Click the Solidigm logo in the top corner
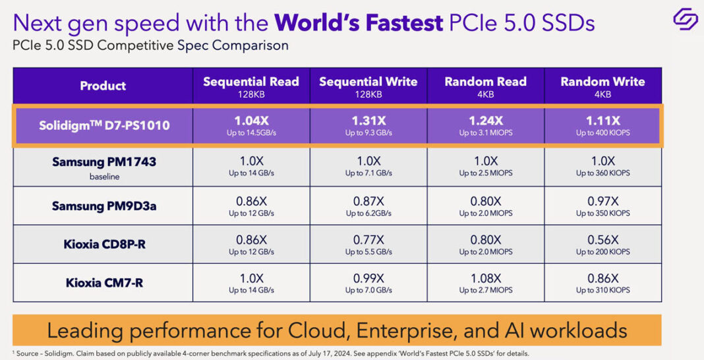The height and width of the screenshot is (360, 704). (684, 18)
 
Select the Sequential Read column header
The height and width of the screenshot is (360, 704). (250, 85)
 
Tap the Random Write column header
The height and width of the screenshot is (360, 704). (602, 85)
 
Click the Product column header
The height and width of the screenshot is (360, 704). (103, 86)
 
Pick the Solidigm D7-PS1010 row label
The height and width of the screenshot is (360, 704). (103, 125)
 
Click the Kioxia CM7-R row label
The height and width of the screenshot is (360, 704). (104, 284)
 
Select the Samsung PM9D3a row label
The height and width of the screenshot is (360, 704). (104, 206)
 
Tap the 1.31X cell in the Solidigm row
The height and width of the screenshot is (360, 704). (368, 125)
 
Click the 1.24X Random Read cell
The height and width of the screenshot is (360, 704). (485, 125)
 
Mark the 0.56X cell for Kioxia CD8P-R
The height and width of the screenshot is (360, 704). (602, 244)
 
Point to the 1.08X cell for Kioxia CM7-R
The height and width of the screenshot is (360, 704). (485, 283)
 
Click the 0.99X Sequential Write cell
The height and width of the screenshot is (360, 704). (368, 283)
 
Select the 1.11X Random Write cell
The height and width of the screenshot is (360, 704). (602, 125)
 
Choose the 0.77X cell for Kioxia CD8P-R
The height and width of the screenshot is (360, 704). (368, 244)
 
